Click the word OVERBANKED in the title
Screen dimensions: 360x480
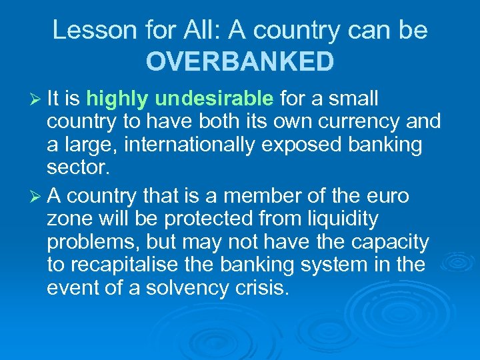click(240, 61)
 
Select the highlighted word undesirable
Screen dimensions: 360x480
click(214, 99)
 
